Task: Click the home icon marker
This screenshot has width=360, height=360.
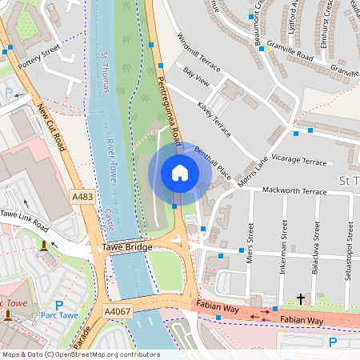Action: click(x=180, y=173)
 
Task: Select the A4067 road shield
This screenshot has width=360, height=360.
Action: click(x=117, y=310)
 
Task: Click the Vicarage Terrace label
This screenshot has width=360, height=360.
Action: click(x=300, y=162)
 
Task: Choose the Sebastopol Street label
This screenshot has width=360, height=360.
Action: click(x=349, y=244)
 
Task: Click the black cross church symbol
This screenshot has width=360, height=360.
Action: click(x=301, y=299)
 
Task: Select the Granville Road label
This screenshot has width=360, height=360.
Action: click(x=292, y=58)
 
